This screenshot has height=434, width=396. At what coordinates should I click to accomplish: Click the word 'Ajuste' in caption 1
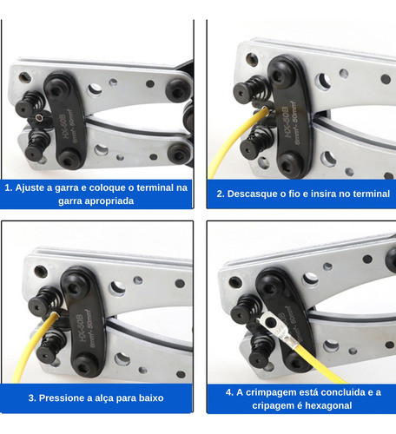tap(31, 187)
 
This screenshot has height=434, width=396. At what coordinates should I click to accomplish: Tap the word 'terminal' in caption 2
tap(372, 194)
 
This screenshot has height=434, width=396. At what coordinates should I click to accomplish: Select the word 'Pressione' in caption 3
tap(62, 398)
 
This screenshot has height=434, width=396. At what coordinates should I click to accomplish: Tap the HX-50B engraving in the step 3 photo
tap(81, 327)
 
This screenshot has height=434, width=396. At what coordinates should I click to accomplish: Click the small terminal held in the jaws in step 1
tap(38, 117)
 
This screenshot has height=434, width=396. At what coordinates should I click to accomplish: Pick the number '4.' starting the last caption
tap(229, 392)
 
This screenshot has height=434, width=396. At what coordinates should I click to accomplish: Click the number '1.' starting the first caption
tap(9, 187)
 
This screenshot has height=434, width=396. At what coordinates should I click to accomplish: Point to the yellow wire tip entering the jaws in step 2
tap(265, 109)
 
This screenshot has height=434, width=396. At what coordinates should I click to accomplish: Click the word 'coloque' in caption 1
tap(107, 188)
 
